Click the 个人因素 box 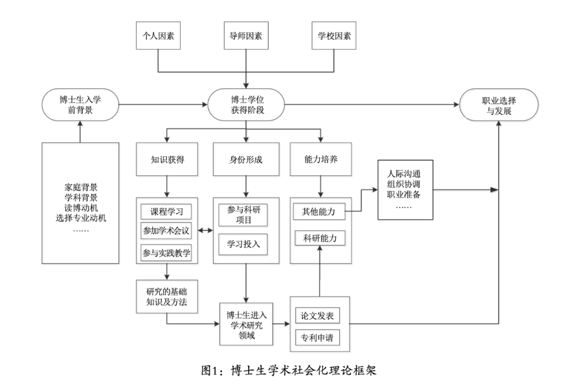pos(158,36)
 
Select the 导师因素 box pos(246,36)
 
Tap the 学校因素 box pos(334,36)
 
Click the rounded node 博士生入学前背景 pos(80,105)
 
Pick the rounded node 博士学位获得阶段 pos(246,105)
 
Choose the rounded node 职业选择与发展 pos(499,105)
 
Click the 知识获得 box pos(167,158)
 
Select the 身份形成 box pos(246,158)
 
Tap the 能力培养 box pos(321,158)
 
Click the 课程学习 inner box pos(166,212)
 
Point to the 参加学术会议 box pos(166,230)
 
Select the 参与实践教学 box pos(166,253)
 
